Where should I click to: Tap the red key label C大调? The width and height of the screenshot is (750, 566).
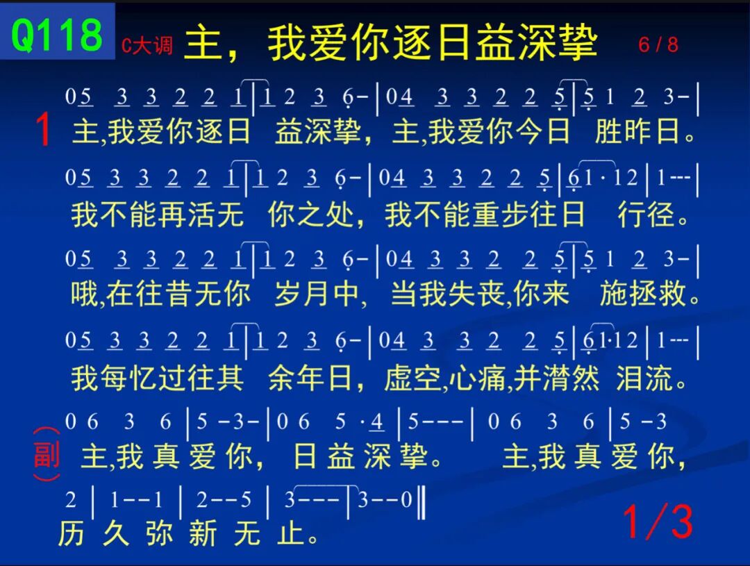pyautogui.click(x=147, y=45)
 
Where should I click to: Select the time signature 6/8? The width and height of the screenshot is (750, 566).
pyautogui.click(x=658, y=44)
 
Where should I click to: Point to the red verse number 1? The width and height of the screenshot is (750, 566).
pyautogui.click(x=44, y=129)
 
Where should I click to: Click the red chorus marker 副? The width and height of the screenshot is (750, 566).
pyautogui.click(x=47, y=454)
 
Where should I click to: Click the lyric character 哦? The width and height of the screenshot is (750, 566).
pyautogui.click(x=85, y=293)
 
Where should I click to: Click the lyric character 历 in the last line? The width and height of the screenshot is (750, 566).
pyautogui.click(x=72, y=533)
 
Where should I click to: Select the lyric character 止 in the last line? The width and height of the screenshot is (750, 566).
pyautogui.click(x=290, y=533)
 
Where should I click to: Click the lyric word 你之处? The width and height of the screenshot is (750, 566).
pyautogui.click(x=310, y=213)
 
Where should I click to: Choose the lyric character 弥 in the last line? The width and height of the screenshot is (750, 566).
pyautogui.click(x=159, y=533)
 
